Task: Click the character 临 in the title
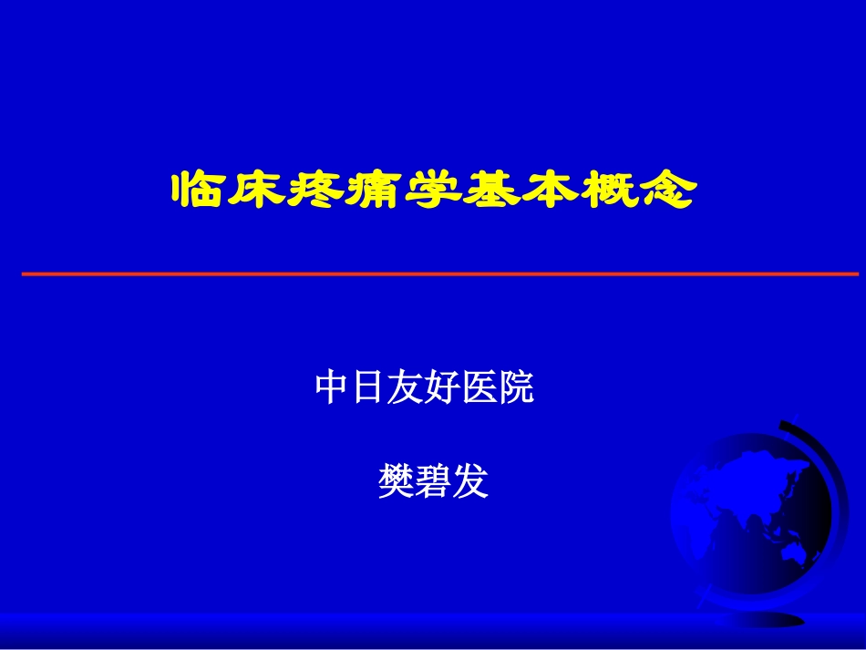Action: (x=199, y=190)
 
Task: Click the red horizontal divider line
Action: (x=438, y=273)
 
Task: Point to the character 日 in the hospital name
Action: (x=368, y=388)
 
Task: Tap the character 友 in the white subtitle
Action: (x=405, y=388)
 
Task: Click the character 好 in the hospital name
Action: (x=442, y=388)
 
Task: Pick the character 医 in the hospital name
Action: (x=479, y=388)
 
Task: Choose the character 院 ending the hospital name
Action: (x=516, y=388)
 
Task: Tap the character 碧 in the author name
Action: (x=433, y=481)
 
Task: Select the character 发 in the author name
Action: (x=470, y=481)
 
